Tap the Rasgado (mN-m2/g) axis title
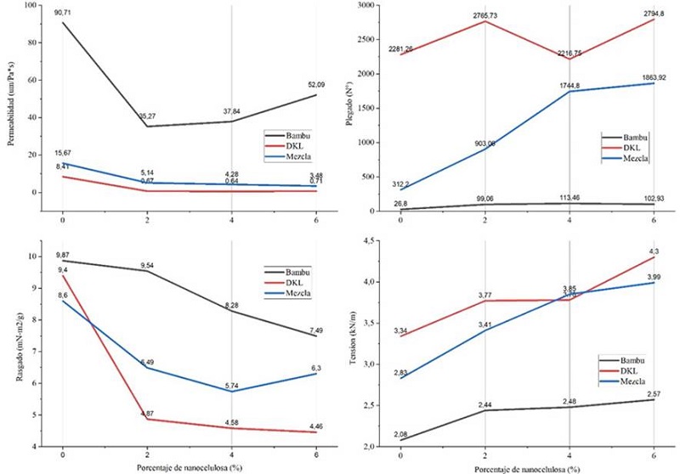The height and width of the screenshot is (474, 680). coord(11,349)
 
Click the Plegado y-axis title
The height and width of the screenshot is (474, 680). coord(349,107)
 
